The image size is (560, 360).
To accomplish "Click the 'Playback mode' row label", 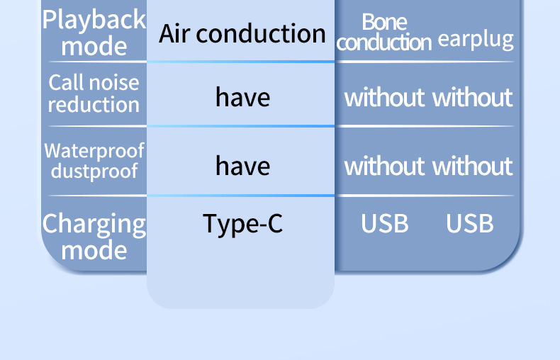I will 94,33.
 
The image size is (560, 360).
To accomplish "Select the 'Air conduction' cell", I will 242,33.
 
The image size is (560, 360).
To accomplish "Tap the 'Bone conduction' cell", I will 384,33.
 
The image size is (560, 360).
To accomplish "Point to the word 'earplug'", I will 475,39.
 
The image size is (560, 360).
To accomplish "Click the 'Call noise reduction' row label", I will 94,94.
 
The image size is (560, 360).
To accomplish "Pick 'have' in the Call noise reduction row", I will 242,97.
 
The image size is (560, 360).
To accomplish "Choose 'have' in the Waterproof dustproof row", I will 242,166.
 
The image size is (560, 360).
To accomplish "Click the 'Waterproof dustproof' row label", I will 94,161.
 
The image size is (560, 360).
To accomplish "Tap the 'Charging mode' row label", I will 94,237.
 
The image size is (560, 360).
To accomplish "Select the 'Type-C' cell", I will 242,224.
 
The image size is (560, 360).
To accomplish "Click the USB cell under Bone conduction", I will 384,224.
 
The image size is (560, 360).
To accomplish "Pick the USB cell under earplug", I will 469,224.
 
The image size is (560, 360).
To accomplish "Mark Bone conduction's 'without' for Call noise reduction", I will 384,97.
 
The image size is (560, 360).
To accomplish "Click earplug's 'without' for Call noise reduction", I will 472,97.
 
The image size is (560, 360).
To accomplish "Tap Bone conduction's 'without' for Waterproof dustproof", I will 384,166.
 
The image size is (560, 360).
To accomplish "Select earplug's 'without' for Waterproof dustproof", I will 472,166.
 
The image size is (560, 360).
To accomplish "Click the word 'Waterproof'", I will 94,151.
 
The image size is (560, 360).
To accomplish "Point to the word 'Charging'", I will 94,224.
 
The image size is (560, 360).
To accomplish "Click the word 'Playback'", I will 94,20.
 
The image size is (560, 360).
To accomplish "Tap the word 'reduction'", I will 94,105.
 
